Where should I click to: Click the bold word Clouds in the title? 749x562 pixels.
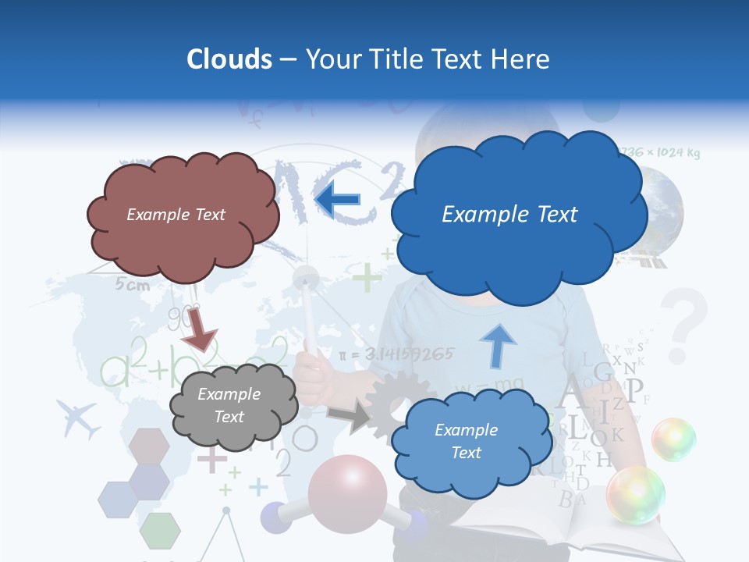click(x=229, y=59)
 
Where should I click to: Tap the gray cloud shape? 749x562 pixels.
click(x=231, y=406)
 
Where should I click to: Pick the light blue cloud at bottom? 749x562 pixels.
click(x=467, y=442)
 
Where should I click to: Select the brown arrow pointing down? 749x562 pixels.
click(x=199, y=329)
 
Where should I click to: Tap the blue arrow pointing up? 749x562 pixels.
click(x=496, y=345)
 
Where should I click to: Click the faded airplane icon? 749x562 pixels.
click(x=79, y=419)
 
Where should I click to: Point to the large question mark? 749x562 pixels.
click(x=683, y=325)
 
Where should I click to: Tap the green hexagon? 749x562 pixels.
click(x=159, y=531)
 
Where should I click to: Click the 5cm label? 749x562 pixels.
click(x=133, y=286)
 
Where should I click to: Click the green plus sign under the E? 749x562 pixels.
click(x=367, y=276)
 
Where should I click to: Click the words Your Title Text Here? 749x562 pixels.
click(x=428, y=59)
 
